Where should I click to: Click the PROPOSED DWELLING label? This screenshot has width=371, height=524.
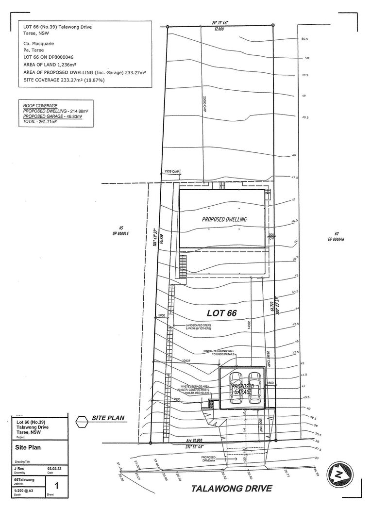point(224,219)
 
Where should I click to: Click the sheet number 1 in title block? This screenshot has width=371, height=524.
point(57,485)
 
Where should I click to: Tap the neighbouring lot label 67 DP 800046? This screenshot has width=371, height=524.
point(336,236)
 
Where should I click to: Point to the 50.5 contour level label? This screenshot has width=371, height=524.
point(305,39)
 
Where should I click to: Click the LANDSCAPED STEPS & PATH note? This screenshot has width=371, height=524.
point(200,327)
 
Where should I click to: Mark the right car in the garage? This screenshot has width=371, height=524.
point(255,388)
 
